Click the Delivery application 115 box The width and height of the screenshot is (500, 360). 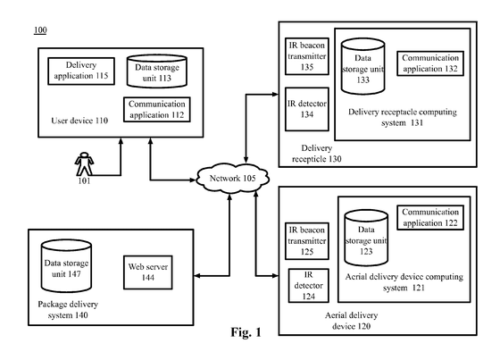point(81,71)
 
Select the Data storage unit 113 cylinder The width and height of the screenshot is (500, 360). point(157,71)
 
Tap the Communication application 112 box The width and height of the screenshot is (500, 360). point(157,110)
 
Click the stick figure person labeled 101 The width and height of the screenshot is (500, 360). point(84,163)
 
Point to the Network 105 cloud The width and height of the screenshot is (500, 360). point(232,178)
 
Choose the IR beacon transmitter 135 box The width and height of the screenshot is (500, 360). point(307,56)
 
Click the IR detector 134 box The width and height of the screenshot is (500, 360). point(307,109)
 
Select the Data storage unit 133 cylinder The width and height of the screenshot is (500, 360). point(362,66)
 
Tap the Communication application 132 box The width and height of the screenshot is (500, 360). point(430,63)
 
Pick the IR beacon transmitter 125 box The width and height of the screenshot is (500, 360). point(307,241)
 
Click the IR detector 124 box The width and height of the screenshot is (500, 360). point(308,286)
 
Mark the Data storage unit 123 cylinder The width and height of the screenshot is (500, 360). point(366,238)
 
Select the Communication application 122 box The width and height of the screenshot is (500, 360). point(430,217)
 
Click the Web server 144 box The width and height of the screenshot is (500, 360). point(148,272)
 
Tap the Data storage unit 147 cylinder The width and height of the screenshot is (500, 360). point(66,266)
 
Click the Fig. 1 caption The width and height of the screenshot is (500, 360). point(246,332)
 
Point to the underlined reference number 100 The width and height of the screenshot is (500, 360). point(40,30)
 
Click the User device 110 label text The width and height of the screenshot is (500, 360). point(79,121)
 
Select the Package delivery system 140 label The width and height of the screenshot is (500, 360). point(68,310)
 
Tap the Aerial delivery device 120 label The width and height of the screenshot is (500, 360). point(352,321)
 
